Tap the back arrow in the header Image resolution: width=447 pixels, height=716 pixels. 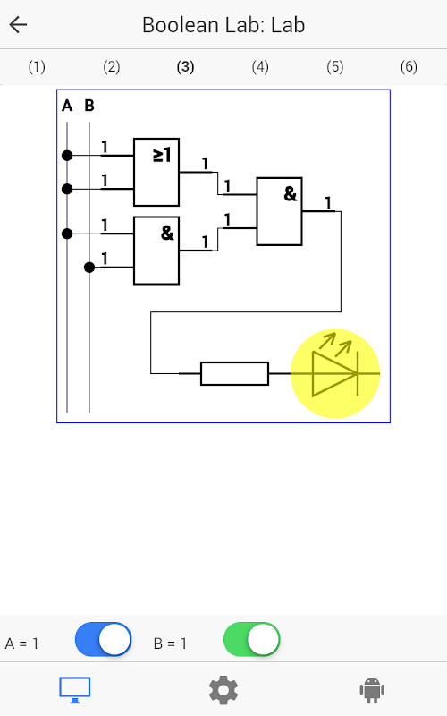(x=18, y=25)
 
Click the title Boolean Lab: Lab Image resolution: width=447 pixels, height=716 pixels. (x=223, y=25)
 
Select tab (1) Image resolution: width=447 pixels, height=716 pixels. (x=37, y=67)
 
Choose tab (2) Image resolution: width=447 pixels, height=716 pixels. (x=111, y=67)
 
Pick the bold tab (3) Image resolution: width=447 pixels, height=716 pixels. (x=185, y=67)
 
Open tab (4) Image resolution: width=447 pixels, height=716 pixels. (x=260, y=67)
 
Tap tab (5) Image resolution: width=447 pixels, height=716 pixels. (x=334, y=67)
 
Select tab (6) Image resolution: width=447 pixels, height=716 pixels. (x=409, y=67)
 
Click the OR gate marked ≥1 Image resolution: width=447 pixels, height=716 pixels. (x=156, y=172)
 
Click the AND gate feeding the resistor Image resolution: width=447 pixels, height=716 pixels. (x=279, y=211)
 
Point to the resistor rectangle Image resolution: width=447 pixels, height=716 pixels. (x=234, y=373)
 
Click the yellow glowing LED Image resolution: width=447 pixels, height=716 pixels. (x=335, y=373)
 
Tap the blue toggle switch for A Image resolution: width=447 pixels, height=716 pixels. (x=103, y=639)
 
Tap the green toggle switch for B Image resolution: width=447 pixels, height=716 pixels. (x=252, y=639)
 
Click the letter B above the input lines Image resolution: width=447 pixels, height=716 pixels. (x=89, y=106)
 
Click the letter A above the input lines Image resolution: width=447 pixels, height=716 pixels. (x=67, y=106)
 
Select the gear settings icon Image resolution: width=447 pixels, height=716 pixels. (x=223, y=690)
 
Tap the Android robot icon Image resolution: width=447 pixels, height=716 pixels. (x=372, y=690)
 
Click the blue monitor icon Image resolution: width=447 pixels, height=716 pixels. (x=75, y=690)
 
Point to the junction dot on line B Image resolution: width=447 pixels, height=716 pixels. (x=89, y=268)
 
